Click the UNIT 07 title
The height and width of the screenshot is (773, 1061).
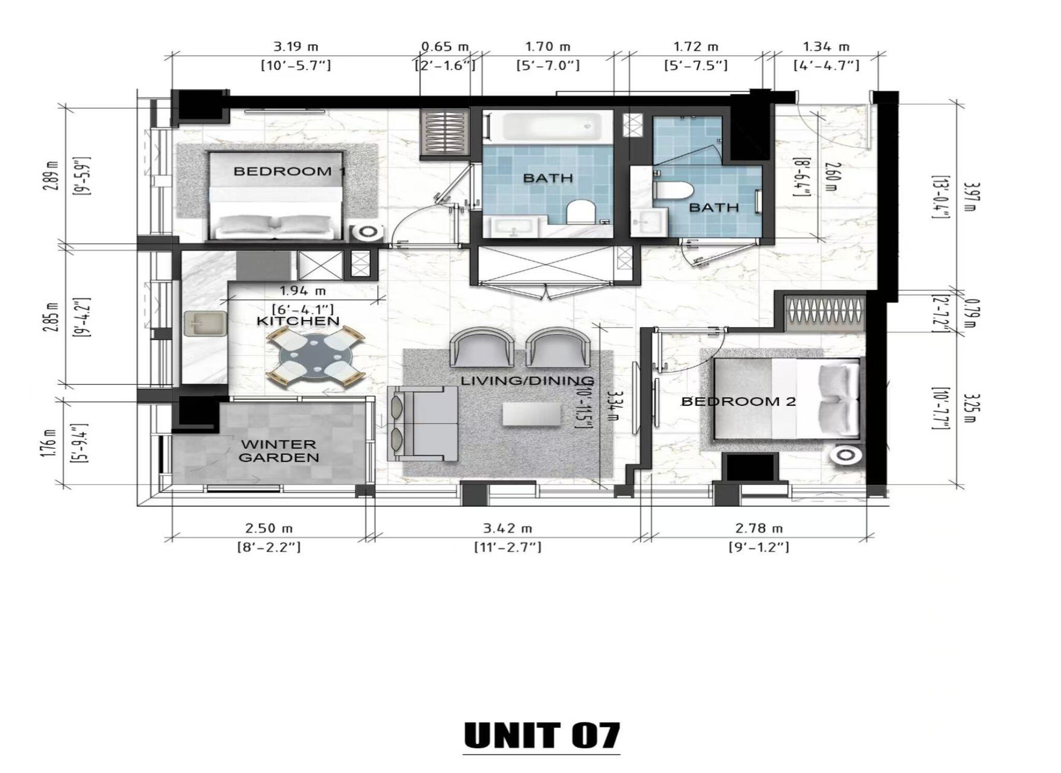(x=541, y=736)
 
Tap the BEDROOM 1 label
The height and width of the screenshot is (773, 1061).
(x=290, y=171)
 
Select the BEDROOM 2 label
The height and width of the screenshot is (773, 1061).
(x=738, y=401)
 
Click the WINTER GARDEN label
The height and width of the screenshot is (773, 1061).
(x=279, y=451)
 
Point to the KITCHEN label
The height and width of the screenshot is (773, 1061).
(x=298, y=321)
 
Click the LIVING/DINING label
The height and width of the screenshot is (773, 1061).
(x=527, y=381)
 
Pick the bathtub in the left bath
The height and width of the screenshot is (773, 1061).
(x=546, y=127)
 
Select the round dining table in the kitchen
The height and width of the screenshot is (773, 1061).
(x=316, y=358)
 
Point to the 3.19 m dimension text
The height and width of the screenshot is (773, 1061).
(x=296, y=47)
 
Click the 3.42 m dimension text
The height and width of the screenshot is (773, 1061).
(x=507, y=528)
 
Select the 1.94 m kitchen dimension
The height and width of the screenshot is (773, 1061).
(x=303, y=292)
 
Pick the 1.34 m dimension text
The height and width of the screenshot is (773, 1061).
(x=826, y=47)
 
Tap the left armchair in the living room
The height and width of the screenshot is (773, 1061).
(x=482, y=349)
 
